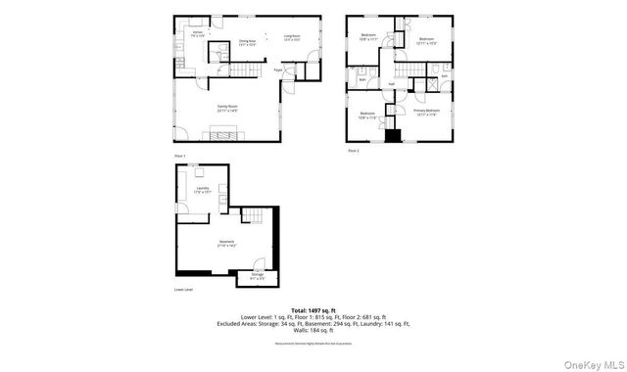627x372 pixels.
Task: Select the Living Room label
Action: [292, 38]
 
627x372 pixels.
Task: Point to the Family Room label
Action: [227, 108]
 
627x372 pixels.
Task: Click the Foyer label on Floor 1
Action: [278, 70]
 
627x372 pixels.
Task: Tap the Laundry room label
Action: [202, 189]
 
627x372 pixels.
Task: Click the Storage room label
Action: [257, 276]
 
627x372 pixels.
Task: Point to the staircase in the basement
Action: [255, 216]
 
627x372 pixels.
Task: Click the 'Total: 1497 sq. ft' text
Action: [313, 308]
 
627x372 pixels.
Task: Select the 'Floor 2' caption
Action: [354, 151]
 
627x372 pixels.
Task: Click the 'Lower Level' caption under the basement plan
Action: [184, 290]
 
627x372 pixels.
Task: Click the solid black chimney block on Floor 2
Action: [392, 135]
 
